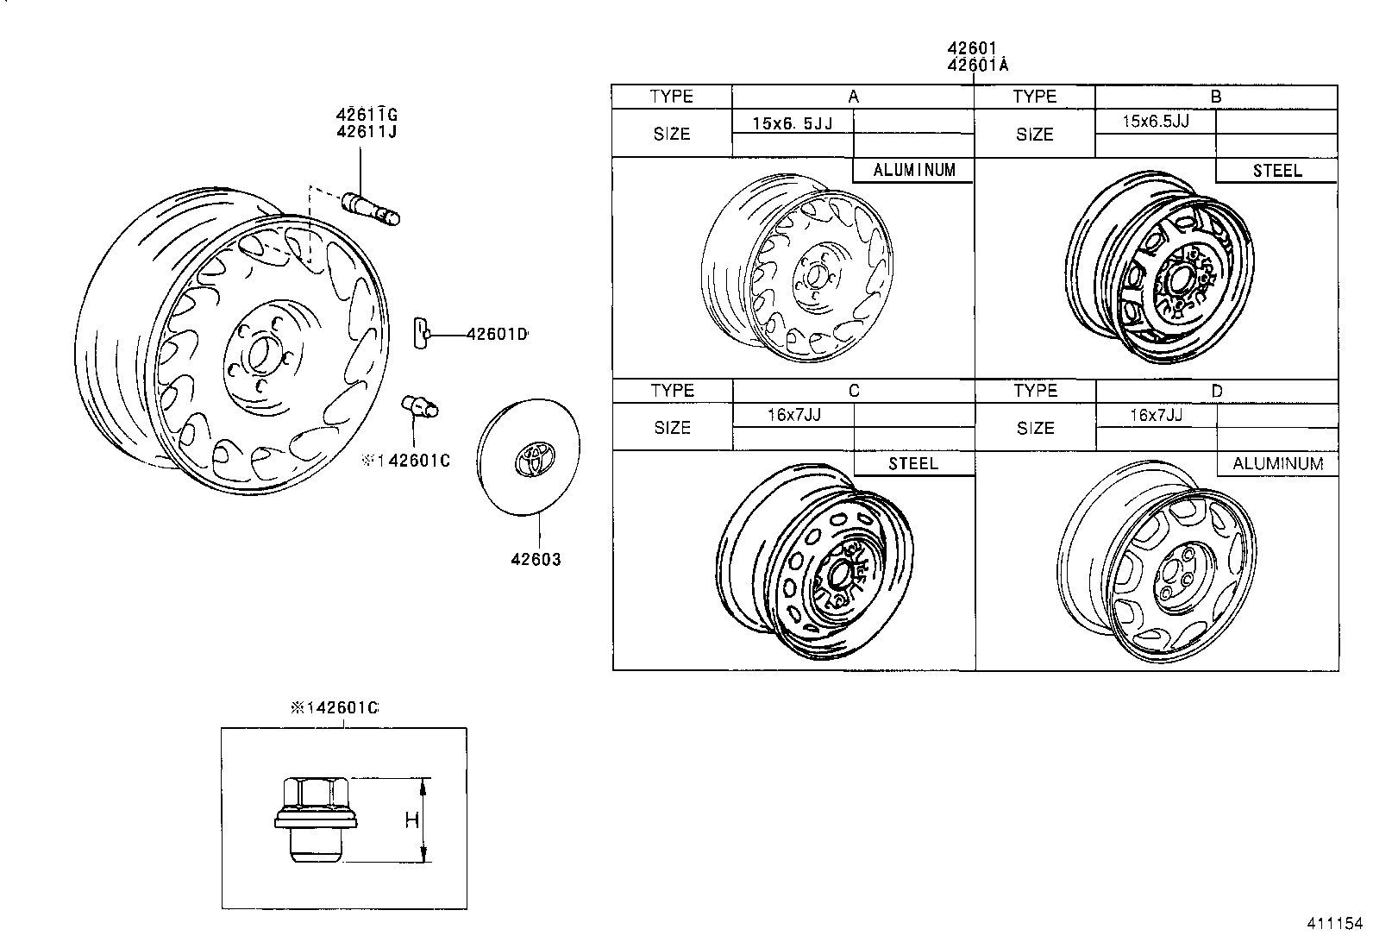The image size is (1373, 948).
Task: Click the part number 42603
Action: click(x=536, y=560)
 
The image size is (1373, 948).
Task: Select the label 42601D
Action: click(x=496, y=334)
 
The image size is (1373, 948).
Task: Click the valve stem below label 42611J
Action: click(x=372, y=208)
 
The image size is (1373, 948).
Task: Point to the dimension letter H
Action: click(x=411, y=819)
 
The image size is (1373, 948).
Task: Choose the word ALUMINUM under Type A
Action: click(x=914, y=170)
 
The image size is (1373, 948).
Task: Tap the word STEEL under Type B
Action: click(x=1277, y=171)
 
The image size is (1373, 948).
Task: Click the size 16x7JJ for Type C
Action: click(x=793, y=415)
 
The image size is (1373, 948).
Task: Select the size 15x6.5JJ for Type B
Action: click(x=1156, y=122)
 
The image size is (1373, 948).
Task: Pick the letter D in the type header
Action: click(x=1217, y=391)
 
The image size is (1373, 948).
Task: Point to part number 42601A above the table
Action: click(x=977, y=66)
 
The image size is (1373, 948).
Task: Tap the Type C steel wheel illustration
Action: click(x=815, y=565)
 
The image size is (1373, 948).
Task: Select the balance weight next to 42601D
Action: click(x=423, y=333)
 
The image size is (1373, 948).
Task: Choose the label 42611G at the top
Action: click(x=367, y=115)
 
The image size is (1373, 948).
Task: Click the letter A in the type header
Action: click(x=853, y=97)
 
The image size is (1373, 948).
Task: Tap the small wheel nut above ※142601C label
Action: click(x=419, y=405)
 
